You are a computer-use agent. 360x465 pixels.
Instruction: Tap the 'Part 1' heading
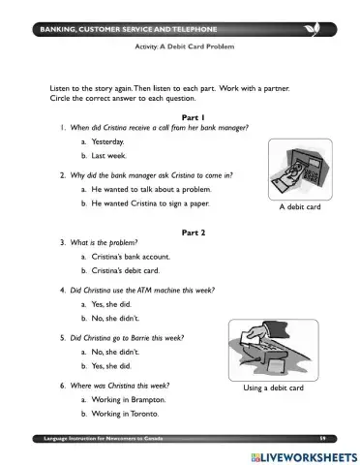[194, 117]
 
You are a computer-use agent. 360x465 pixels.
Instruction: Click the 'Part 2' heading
[194, 232]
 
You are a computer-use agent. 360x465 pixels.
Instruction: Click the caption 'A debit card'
[300, 206]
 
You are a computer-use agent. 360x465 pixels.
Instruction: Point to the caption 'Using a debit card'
[274, 387]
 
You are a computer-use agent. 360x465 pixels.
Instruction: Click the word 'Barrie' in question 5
[139, 338]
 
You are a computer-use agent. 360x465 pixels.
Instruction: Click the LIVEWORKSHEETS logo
[305, 457]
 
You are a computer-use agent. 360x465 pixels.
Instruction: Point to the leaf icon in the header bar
[313, 29]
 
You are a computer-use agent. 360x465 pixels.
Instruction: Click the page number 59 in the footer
[322, 439]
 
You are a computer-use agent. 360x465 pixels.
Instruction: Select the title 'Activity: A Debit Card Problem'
[185, 46]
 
